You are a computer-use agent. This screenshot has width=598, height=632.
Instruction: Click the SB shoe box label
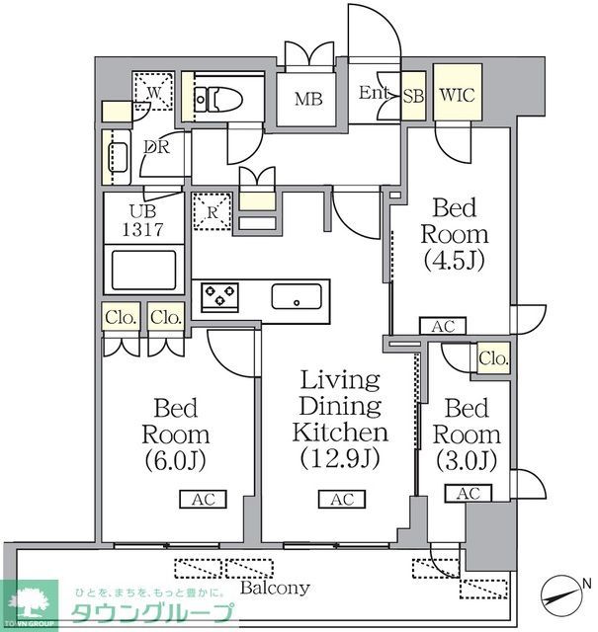coord(414,96)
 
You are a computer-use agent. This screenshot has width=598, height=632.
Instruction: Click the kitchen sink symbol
coord(297,296)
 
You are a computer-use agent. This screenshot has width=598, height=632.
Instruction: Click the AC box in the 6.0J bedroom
coord(204,500)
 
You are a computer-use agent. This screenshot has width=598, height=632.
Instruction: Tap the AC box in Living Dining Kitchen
coord(341,500)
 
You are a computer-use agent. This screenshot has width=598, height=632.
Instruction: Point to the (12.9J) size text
coord(341,459)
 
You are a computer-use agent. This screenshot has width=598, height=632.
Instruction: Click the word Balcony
coord(276,588)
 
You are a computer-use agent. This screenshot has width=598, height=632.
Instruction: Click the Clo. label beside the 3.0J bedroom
coord(491,359)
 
